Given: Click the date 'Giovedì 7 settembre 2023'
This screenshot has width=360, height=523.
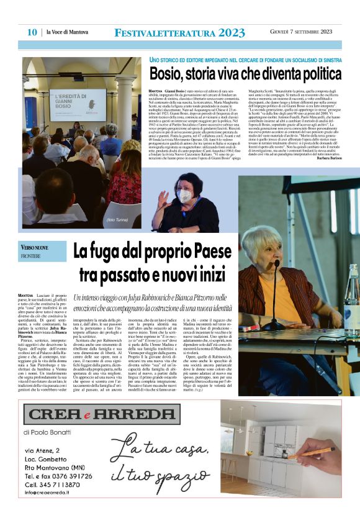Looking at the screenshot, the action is [x=301, y=32].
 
